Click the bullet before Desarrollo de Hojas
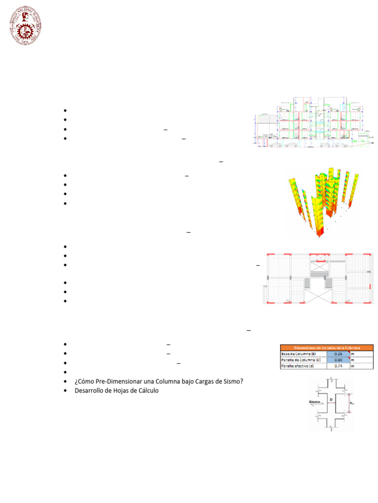tap(65, 391)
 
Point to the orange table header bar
tap(327, 347)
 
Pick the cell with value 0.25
tap(337, 354)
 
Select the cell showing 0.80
tap(337, 360)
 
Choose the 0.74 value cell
tap(337, 366)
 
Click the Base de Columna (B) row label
tap(297, 354)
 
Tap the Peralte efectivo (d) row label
tap(298, 366)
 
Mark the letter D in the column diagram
tap(331, 400)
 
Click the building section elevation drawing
tap(313, 123)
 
